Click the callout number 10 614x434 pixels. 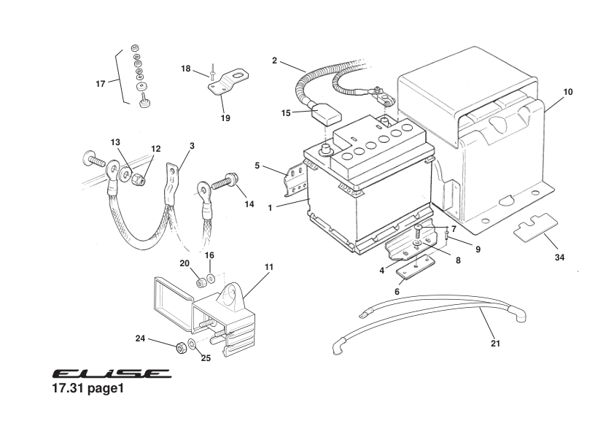(568, 92)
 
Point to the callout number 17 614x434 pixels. (101, 84)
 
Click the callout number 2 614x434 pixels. (274, 61)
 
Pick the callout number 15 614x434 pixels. (286, 113)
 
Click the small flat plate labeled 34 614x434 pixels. (535, 228)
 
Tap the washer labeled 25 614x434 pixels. (192, 344)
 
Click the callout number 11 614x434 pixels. (269, 268)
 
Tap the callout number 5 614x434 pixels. (257, 166)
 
